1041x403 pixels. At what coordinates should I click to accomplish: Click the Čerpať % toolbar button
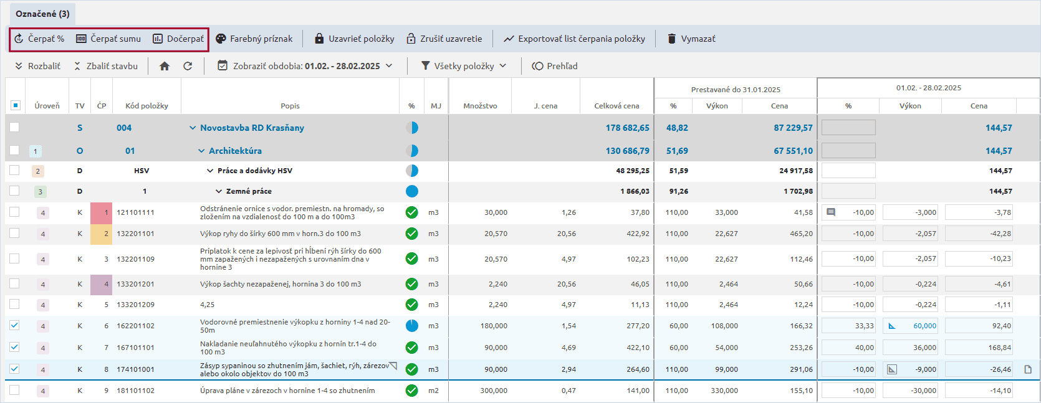click(39, 39)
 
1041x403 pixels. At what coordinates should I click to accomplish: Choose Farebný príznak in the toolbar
click(254, 39)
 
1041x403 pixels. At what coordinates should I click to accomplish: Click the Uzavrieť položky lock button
click(354, 39)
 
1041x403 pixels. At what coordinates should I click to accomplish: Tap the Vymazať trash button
click(691, 39)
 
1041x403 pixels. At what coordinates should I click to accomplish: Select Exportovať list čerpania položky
click(574, 39)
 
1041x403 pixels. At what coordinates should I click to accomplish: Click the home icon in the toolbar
click(165, 67)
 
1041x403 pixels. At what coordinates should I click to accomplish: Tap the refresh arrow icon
click(188, 67)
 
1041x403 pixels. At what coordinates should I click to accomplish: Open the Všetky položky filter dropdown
click(464, 67)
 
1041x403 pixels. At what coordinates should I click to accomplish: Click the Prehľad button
click(555, 67)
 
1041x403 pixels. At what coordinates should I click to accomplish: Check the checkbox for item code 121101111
click(14, 212)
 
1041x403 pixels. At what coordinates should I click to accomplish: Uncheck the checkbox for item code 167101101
click(14, 347)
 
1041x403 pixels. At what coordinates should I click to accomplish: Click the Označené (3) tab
click(43, 14)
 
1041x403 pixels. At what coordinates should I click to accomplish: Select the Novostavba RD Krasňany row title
click(252, 128)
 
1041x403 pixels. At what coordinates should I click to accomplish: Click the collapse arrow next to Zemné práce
click(219, 191)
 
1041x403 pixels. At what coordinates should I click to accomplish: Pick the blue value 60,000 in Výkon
click(925, 326)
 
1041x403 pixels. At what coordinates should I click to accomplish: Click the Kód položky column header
click(147, 106)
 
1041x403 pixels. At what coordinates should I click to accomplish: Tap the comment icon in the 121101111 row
click(831, 212)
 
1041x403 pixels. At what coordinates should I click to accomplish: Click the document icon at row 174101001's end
click(1028, 369)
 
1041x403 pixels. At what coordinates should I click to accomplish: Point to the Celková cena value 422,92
click(638, 234)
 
